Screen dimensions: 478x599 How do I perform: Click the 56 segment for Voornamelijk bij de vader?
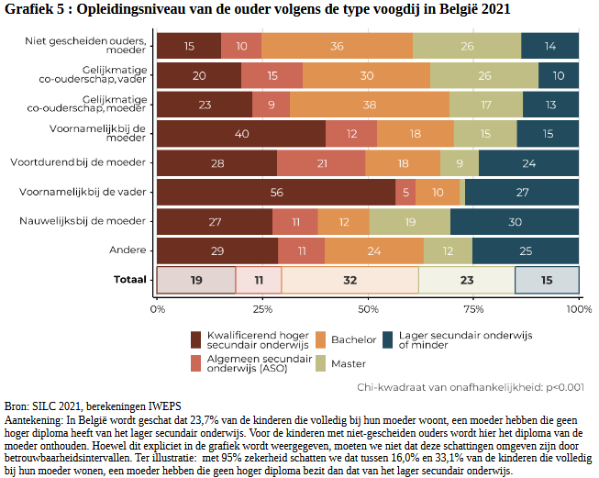(276, 193)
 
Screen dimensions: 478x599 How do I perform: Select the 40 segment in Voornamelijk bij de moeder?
(241, 134)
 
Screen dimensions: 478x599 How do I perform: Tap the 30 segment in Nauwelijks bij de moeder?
(515, 222)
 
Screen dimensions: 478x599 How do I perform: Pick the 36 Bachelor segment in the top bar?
(337, 46)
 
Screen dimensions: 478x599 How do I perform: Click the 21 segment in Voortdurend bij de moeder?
(321, 163)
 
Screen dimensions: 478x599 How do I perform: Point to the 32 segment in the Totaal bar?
(349, 280)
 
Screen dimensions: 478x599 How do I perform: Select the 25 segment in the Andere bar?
(526, 250)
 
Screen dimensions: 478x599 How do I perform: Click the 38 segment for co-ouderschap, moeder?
(369, 105)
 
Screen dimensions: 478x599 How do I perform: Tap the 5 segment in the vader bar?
(405, 193)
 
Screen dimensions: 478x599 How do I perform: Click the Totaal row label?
(129, 280)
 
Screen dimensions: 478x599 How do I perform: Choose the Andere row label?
(129, 250)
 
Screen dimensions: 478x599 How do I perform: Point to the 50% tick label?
(368, 309)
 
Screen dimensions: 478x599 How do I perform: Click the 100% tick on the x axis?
(578, 309)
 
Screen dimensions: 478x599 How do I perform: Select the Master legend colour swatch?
(322, 364)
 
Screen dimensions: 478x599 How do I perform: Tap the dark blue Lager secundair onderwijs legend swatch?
(390, 339)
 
